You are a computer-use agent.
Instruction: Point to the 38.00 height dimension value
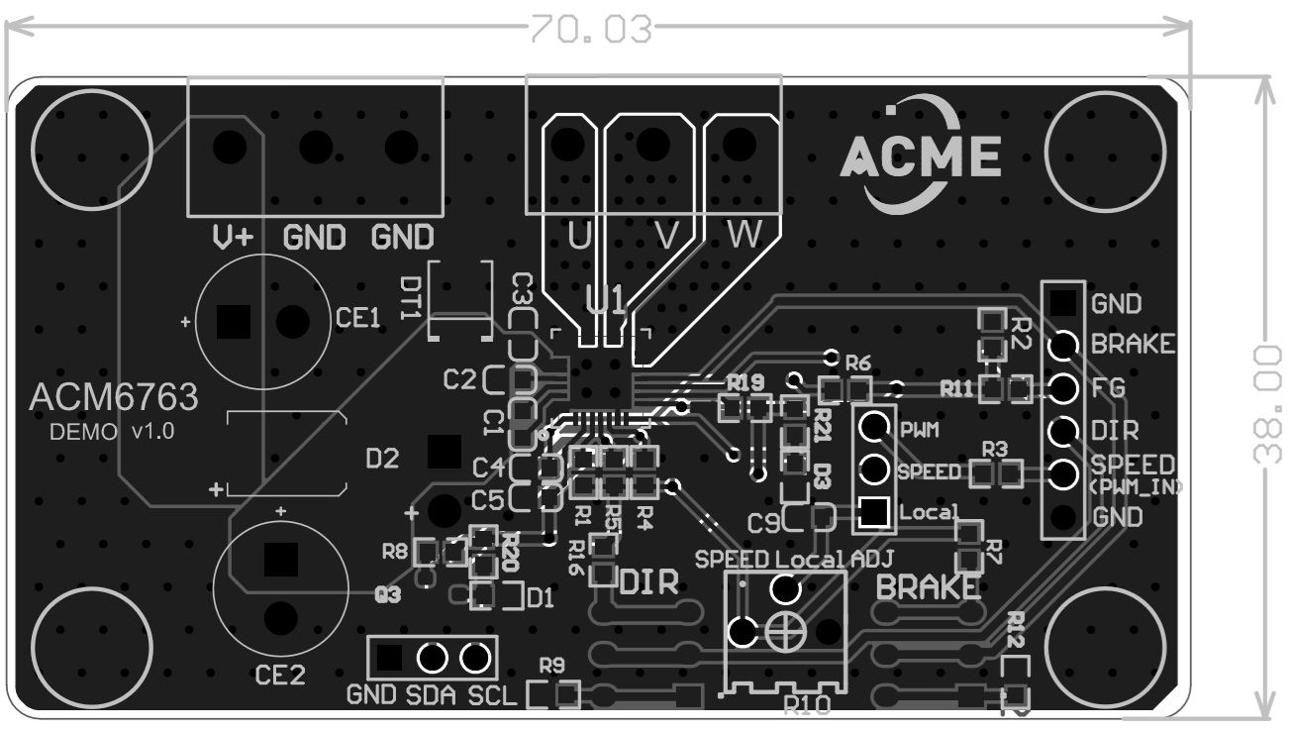pos(1266,403)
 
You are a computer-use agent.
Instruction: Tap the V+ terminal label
pos(234,238)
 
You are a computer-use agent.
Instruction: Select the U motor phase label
pos(579,236)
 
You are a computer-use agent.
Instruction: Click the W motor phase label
pos(745,236)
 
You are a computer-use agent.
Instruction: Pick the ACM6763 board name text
pos(114,397)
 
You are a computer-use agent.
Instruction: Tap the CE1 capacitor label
pos(357,318)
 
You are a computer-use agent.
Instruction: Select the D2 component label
pos(382,459)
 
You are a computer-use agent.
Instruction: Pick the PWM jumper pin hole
pos(872,428)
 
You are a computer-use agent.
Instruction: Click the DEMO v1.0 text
pos(112,432)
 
